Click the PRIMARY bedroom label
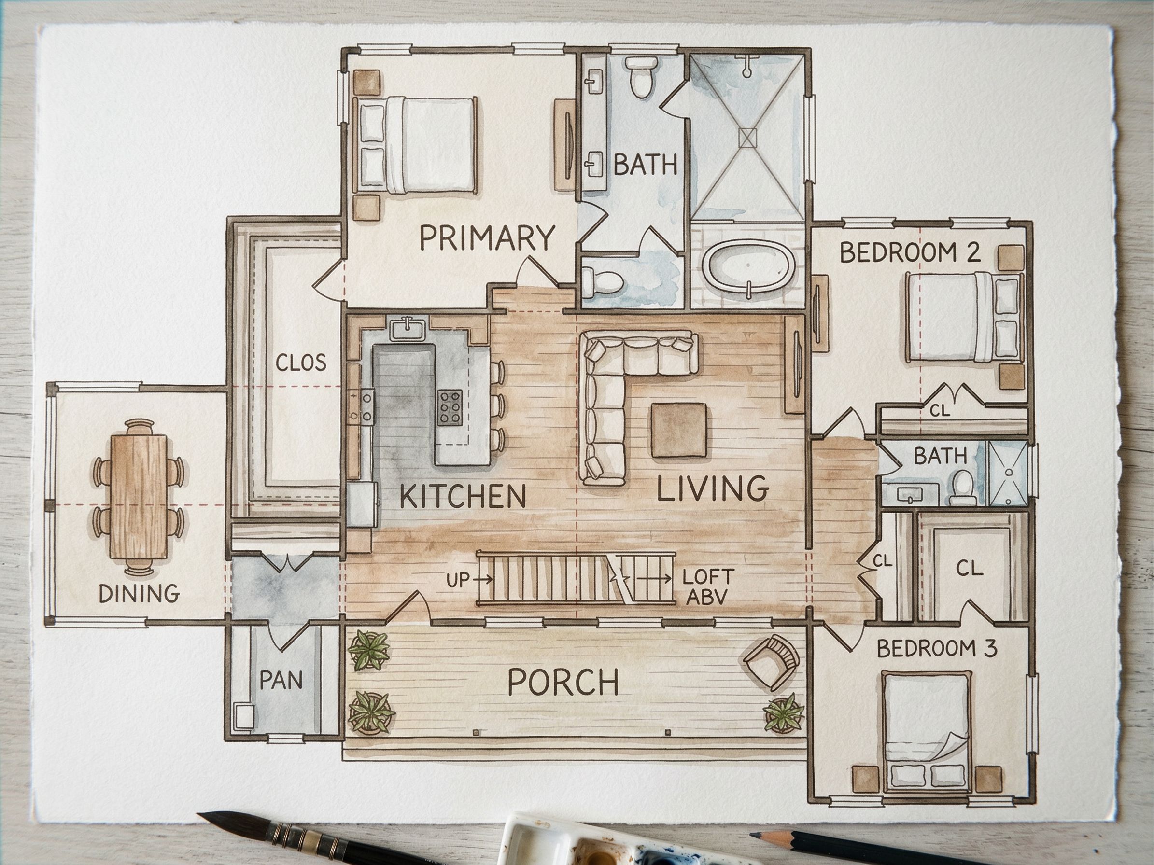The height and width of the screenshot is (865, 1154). [486, 238]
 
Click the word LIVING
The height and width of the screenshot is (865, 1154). [713, 488]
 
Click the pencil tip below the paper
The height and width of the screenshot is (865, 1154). [753, 836]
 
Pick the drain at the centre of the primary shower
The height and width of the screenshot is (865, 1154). [750, 137]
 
